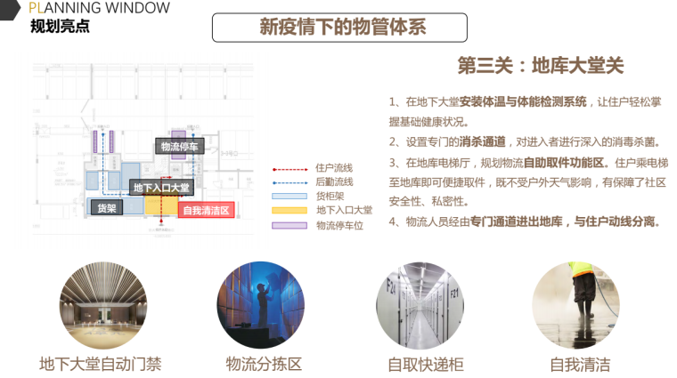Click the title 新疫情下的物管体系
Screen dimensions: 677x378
342,28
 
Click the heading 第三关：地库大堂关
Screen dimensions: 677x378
540,66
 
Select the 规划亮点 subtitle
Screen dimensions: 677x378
60,26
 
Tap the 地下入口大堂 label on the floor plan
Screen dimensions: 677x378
161,188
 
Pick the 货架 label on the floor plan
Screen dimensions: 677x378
107,208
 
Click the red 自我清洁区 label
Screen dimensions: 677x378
207,211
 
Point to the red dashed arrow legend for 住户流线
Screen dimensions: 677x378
288,167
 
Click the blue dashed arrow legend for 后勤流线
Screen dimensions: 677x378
288,181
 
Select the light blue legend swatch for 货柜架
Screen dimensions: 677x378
288,196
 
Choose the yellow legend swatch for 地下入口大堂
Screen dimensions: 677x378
288,210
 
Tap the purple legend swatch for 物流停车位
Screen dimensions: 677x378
288,225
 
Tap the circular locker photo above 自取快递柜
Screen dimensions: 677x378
420,304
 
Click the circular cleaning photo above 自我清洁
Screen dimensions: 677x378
576,304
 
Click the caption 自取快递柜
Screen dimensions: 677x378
426,364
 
